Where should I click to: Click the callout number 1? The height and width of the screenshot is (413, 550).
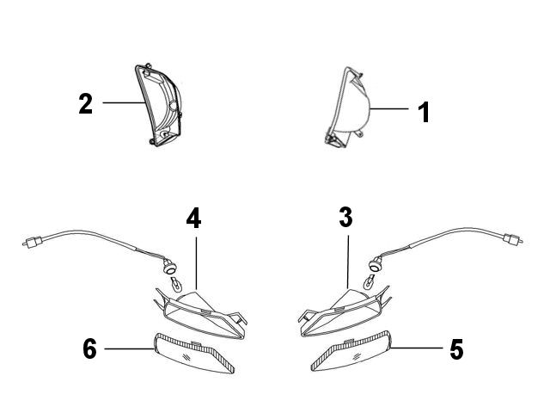point(424,113)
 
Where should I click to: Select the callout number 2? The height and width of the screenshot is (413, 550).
point(86,103)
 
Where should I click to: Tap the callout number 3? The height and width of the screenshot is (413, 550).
point(345,217)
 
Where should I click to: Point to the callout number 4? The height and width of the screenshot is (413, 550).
point(193,218)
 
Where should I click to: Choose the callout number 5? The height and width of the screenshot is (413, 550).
point(456,349)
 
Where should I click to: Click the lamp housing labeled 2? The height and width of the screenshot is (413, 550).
point(158,104)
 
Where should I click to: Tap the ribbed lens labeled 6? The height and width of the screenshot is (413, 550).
point(194,353)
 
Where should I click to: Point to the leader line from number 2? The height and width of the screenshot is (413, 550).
point(124,102)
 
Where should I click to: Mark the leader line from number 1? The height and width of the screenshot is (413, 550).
point(389,109)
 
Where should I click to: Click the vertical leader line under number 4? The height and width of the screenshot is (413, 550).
point(196,263)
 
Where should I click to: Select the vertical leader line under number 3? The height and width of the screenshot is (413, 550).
point(348,262)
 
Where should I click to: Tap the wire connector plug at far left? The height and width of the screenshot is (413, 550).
point(33,243)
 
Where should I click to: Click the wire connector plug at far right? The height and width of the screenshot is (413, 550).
point(513,239)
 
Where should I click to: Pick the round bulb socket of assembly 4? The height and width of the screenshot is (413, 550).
point(170,268)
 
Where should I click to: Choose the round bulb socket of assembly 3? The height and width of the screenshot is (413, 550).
point(375,265)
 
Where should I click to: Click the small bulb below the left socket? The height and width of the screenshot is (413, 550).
point(176,284)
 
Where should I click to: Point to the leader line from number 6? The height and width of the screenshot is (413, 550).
point(129,348)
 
